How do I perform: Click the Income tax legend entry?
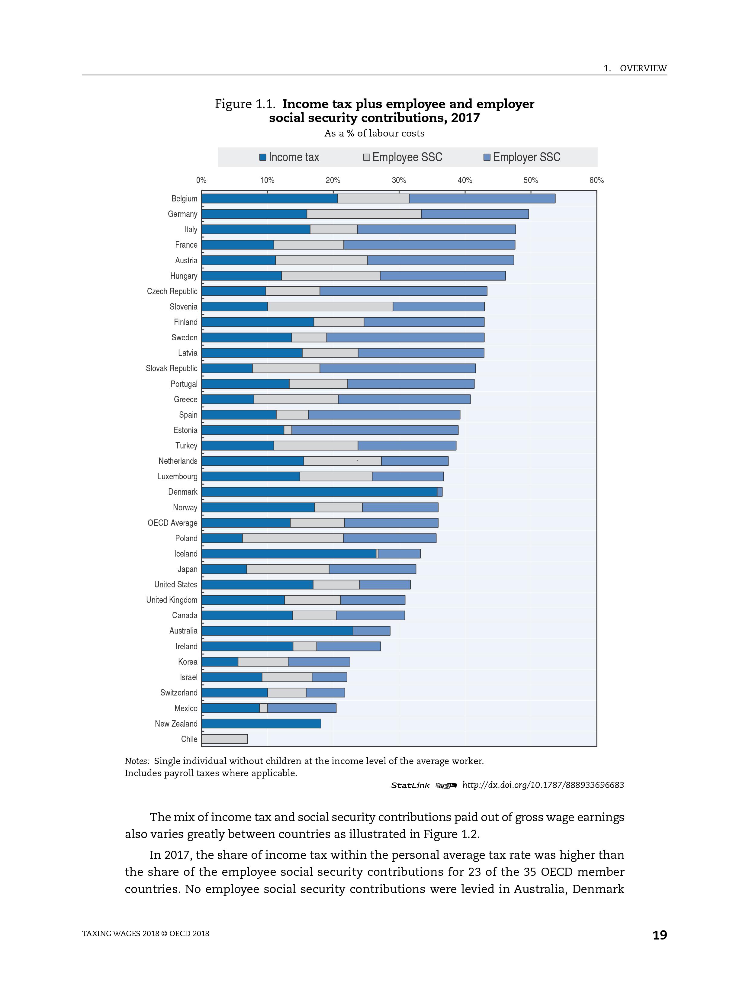(289, 157)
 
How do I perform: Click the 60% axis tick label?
(596, 180)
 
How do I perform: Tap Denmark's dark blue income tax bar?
(319, 492)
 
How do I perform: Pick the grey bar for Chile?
(224, 739)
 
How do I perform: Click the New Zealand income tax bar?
(261, 724)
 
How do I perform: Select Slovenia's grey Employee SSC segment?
(330, 307)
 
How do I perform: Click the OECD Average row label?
(172, 523)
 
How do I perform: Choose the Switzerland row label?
(178, 693)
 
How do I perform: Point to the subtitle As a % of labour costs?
(374, 133)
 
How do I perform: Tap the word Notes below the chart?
(137, 761)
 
